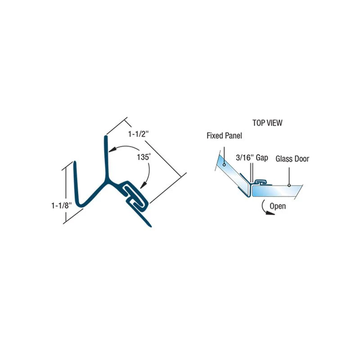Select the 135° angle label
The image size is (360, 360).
click(x=144, y=157)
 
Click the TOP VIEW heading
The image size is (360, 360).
click(x=267, y=123)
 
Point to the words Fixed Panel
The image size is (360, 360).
click(x=224, y=136)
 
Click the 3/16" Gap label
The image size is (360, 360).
click(x=252, y=158)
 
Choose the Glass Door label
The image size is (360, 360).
click(x=292, y=159)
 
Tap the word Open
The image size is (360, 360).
click(x=278, y=206)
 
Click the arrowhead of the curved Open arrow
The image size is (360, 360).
click(x=270, y=213)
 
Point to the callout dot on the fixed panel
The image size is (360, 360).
click(x=224, y=165)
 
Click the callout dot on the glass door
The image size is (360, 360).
click(x=289, y=185)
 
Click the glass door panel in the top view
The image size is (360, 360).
click(x=277, y=191)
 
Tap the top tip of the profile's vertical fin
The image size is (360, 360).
click(x=106, y=137)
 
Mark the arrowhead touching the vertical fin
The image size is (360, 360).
click(x=111, y=150)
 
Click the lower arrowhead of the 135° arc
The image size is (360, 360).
click(x=144, y=185)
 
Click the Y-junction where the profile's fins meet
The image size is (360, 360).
click(x=106, y=180)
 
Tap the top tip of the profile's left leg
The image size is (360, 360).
click(x=75, y=162)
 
